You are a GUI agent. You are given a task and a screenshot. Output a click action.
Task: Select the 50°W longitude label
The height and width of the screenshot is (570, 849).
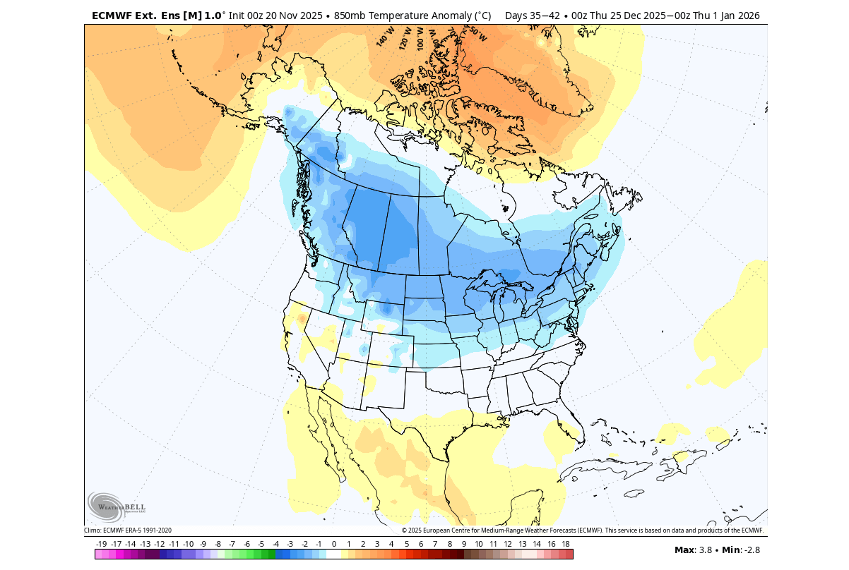pyautogui.click(x=478, y=34)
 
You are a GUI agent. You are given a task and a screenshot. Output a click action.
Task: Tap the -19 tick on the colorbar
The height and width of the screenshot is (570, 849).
pyautogui.click(x=101, y=544)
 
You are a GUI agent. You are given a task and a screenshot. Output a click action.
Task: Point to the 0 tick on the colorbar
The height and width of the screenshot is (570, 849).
pyautogui.click(x=333, y=544)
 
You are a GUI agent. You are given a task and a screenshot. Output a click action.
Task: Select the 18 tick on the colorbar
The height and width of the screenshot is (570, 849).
pyautogui.click(x=565, y=544)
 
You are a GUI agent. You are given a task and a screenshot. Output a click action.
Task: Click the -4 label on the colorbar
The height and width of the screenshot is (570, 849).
pyautogui.click(x=275, y=544)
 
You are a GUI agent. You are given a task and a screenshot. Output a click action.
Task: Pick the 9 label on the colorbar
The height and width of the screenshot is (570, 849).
pyautogui.click(x=464, y=544)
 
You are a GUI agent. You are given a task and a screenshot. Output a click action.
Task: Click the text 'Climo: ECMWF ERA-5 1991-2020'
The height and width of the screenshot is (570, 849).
pyautogui.click(x=128, y=530)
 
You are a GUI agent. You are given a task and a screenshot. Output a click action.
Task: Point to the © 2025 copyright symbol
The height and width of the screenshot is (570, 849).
pyautogui.click(x=405, y=530)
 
